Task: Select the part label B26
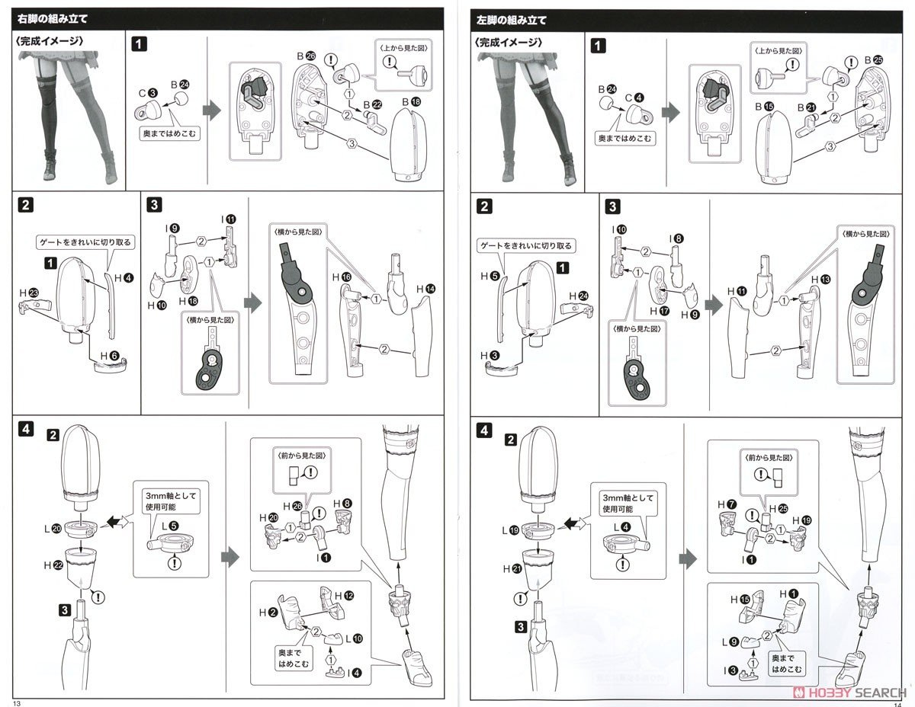(305, 56)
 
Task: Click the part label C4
(635, 97)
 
